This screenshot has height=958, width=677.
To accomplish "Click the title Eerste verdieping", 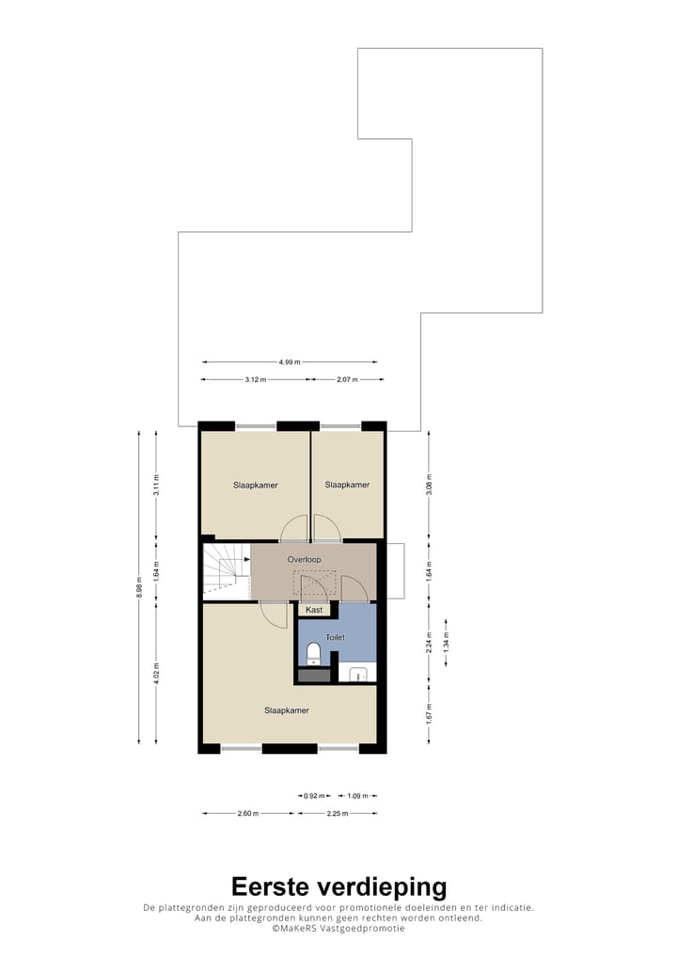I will (x=338, y=886).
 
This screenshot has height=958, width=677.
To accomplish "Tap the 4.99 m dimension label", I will (x=291, y=362).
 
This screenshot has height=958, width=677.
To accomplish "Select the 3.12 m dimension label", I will (x=255, y=379).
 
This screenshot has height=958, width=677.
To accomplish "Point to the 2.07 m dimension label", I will (x=347, y=379).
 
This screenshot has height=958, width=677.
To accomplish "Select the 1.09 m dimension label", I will (x=357, y=796).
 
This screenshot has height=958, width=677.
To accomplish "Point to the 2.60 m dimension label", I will (x=249, y=814).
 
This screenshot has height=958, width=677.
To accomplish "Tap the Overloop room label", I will (x=305, y=560).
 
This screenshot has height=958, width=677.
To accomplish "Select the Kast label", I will (x=314, y=610).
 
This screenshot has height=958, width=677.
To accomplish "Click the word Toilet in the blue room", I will (x=335, y=637).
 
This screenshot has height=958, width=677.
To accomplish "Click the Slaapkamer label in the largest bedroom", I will (x=287, y=711).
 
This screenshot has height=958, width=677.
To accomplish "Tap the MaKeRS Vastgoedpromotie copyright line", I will (x=338, y=928).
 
